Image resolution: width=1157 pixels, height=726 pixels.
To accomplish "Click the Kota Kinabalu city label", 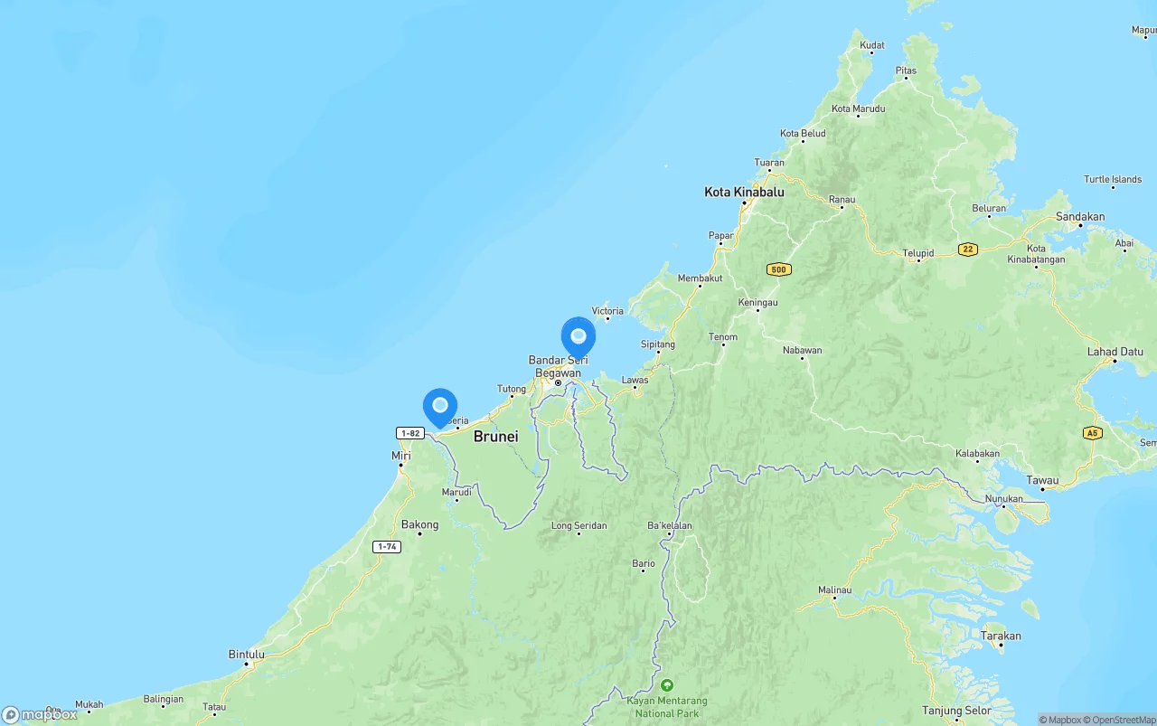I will [744, 193].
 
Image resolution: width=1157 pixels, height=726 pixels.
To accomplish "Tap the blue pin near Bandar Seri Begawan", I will [578, 337].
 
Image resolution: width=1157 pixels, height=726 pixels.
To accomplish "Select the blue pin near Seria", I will [440, 407].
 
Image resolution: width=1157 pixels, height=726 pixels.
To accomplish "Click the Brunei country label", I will [496, 437].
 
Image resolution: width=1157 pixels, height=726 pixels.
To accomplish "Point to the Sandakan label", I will [1080, 217].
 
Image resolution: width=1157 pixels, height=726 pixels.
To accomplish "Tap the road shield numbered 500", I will [778, 269].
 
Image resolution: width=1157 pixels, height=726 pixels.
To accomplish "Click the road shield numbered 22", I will [968, 250].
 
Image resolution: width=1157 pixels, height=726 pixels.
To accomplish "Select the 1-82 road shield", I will [410, 433].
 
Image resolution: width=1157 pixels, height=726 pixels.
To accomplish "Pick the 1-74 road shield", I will [387, 547].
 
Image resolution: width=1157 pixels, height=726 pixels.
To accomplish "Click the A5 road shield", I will [1093, 433].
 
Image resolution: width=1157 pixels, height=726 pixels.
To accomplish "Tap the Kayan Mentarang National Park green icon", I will [667, 685].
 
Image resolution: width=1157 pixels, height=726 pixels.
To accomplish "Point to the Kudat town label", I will [872, 45].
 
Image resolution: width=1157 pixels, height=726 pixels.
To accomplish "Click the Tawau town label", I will [1042, 480].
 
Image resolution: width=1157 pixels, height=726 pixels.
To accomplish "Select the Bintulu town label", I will [247, 655].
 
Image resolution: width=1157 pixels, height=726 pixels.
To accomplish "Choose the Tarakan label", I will [1001, 636].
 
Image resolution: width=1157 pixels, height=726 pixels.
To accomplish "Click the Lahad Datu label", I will [1115, 352].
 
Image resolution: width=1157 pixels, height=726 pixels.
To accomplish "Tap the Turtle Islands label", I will [1113, 180].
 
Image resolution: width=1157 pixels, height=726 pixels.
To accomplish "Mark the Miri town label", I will [400, 456].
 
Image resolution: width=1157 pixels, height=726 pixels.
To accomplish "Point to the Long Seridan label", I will [579, 525].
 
